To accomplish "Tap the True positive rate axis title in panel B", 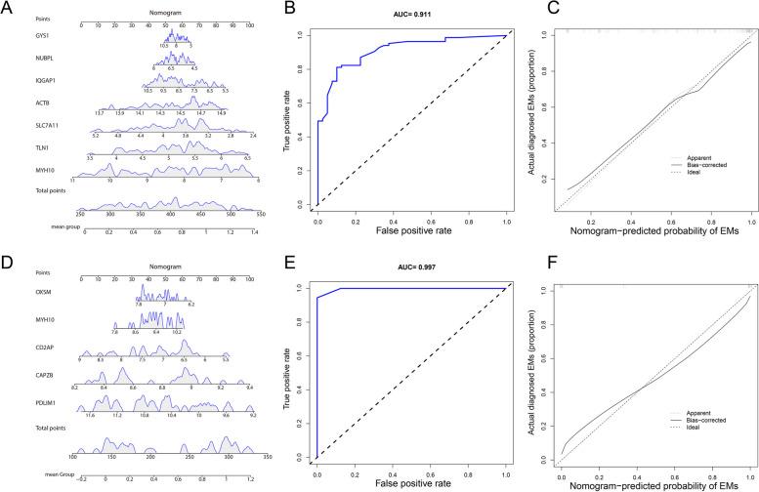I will (284, 119).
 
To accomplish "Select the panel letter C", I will (530, 9).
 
